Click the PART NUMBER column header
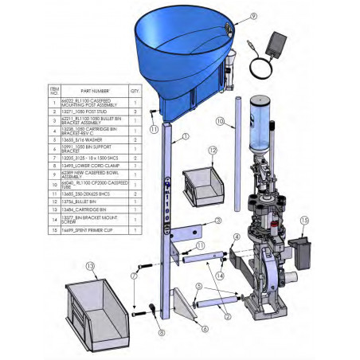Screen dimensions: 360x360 click(x=94, y=91)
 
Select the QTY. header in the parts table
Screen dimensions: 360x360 click(x=135, y=91)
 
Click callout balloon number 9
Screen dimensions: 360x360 click(x=232, y=16)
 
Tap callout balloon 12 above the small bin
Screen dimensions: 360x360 click(x=212, y=150)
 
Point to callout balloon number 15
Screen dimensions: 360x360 click(x=303, y=220)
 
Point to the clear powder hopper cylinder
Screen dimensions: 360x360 click(x=260, y=126)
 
